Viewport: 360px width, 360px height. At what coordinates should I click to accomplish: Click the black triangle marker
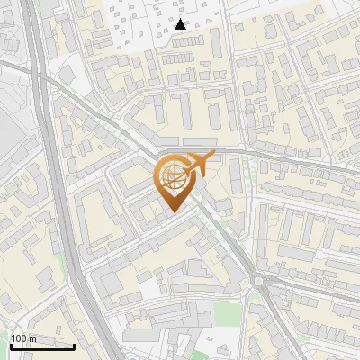181,24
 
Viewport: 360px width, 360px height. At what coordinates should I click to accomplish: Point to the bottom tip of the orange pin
172,212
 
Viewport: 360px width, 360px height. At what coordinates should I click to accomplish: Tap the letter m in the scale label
32,338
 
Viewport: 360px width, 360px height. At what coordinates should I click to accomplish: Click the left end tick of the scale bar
12,346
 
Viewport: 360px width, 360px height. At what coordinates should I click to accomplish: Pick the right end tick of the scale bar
74,346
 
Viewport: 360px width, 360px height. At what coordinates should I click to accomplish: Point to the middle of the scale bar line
42,346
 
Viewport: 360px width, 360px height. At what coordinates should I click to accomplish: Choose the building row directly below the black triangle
184,57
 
